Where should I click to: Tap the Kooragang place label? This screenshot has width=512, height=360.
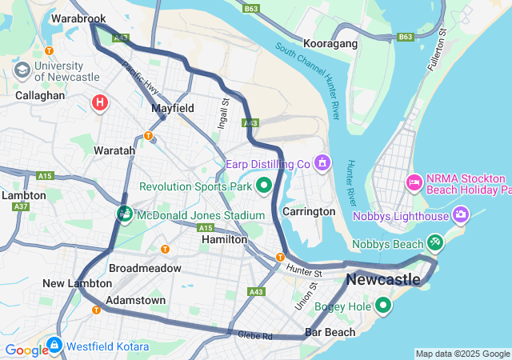click(330, 43)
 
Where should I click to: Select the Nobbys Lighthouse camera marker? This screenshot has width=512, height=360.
click(461, 214)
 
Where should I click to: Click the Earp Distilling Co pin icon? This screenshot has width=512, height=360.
click(322, 163)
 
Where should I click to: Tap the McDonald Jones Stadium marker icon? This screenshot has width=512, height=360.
click(125, 214)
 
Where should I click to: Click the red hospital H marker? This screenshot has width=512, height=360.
click(100, 102)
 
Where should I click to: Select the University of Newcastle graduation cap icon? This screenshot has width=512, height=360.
click(22, 70)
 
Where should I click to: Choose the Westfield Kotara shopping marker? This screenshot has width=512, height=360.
click(53, 346)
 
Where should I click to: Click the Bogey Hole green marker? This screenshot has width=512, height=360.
click(383, 305)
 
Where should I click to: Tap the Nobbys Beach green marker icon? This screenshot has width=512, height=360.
click(434, 241)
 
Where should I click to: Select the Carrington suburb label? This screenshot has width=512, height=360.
click(309, 211)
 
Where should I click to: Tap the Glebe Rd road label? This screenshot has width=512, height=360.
click(255, 336)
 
